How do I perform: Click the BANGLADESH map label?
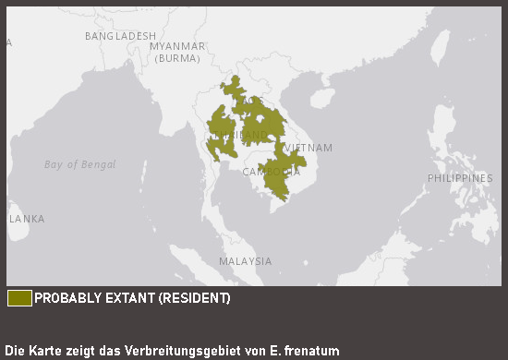(120, 36)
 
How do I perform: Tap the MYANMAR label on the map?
(176, 46)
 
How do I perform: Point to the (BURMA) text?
(177, 58)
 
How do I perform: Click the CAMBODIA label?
(271, 172)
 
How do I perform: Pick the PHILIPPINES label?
(459, 178)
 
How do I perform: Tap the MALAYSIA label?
(245, 261)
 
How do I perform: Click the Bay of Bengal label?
(80, 164)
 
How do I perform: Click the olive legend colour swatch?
(19, 298)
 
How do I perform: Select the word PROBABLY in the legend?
(64, 299)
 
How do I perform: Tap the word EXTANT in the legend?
(127, 299)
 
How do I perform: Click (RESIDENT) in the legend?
(194, 299)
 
